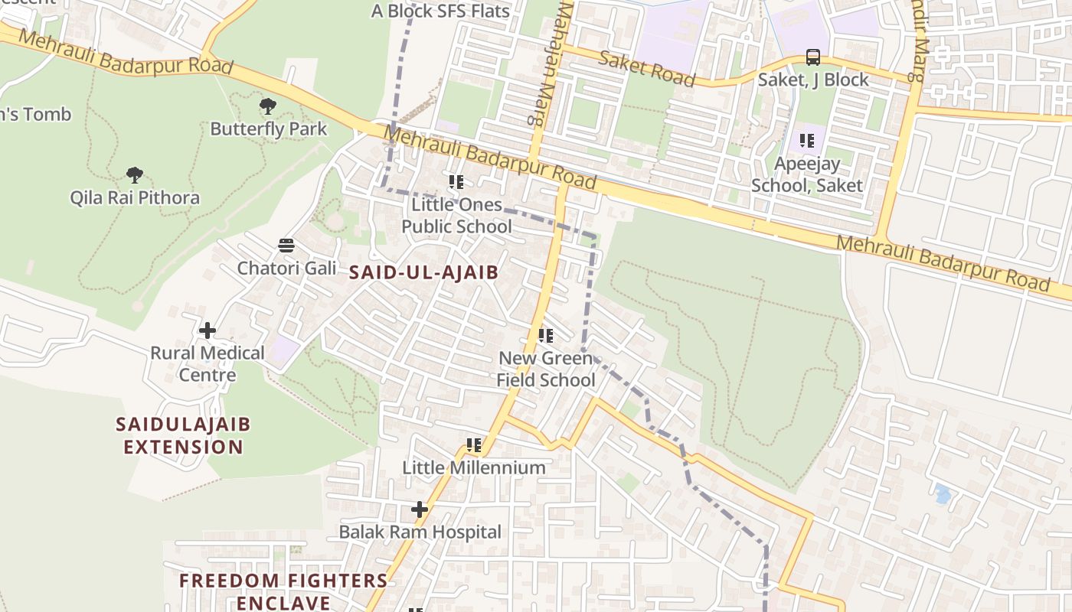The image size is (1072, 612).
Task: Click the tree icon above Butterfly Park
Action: tap(267, 106)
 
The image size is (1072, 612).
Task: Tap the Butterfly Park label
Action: tap(268, 129)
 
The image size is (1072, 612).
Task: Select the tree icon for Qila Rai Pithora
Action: tap(135, 175)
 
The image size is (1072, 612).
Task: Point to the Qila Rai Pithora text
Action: tap(135, 197)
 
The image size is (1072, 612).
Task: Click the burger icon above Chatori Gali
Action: tap(286, 246)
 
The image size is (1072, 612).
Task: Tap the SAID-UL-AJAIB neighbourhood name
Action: tap(423, 272)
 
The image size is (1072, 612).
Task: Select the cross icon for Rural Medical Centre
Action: tap(207, 330)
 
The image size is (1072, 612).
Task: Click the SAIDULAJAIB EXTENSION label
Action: tap(183, 435)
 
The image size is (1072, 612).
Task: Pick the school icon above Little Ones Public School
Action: tap(456, 182)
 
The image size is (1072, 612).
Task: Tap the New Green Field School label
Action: tap(545, 369)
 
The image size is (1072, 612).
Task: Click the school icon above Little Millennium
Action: tap(474, 445)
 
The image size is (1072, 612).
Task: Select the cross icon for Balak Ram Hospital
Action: tap(420, 509)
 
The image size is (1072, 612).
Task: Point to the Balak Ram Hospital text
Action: tap(420, 532)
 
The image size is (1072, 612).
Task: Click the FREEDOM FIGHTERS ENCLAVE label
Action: tap(283, 591)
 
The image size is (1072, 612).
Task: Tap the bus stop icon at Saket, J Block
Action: tap(813, 57)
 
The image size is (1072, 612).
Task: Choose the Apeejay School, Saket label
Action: tap(806, 174)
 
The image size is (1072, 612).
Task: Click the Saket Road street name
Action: tap(647, 68)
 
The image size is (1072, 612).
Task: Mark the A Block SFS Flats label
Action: tap(440, 11)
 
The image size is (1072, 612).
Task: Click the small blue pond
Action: tap(943, 494)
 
